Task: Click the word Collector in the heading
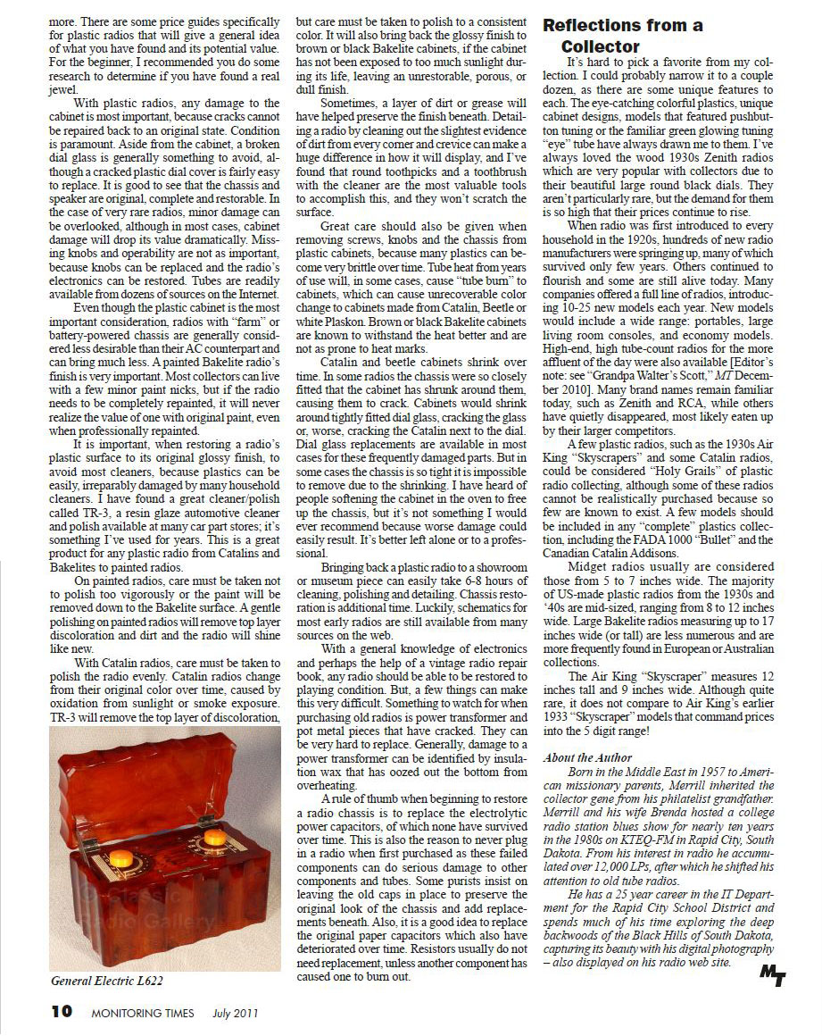tap(600, 46)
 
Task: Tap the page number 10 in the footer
tap(61, 1012)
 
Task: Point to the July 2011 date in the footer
tap(235, 1013)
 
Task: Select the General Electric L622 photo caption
tap(106, 980)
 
